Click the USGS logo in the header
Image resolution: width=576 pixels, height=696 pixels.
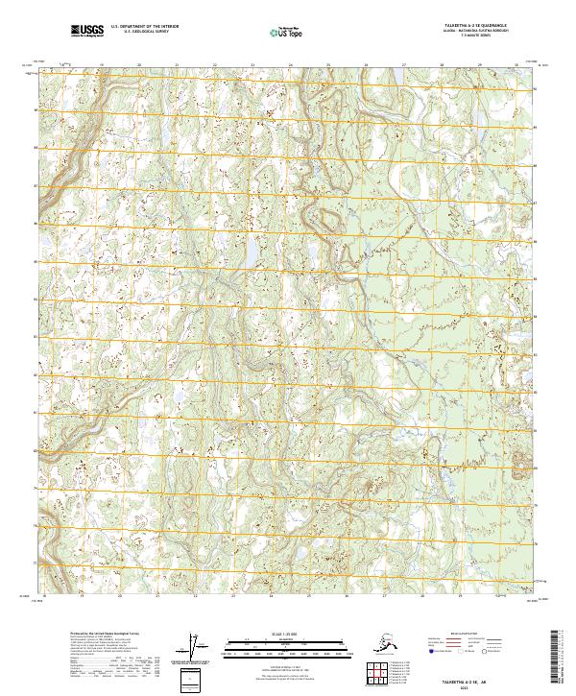[83, 32]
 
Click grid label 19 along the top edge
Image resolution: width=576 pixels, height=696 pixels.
[101, 66]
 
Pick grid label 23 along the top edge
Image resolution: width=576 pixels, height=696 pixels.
[252, 66]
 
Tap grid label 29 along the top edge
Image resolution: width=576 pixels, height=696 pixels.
[478, 66]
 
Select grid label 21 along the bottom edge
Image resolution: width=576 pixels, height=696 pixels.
[176, 596]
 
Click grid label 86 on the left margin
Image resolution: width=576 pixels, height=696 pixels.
[36, 223]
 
